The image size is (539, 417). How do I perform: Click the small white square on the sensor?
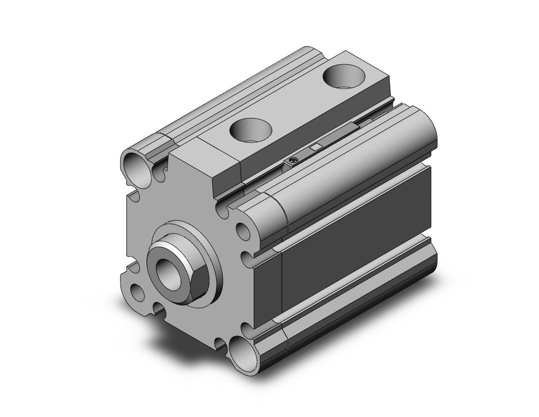pos(316,147)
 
